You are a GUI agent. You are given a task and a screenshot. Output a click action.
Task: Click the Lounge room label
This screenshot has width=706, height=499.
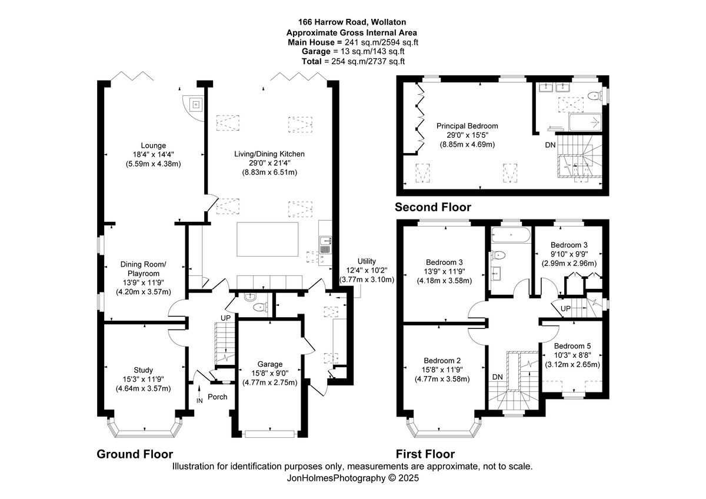tap(153, 145)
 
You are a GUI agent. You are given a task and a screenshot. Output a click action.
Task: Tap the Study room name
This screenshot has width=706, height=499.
tap(143, 370)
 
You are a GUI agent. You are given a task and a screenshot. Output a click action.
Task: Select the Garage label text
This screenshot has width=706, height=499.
tap(270, 364)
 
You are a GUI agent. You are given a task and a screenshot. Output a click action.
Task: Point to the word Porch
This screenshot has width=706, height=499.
tap(217, 397)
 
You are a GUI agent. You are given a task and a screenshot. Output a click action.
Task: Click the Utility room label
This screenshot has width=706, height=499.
tap(367, 261)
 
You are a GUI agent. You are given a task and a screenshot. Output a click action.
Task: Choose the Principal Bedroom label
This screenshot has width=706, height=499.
tap(467, 126)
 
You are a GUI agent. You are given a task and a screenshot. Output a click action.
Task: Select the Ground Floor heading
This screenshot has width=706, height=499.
tap(135, 454)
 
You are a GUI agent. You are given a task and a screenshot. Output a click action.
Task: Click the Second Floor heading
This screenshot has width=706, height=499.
tap(432, 207)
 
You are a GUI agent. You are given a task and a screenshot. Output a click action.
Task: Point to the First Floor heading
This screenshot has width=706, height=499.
tap(425, 454)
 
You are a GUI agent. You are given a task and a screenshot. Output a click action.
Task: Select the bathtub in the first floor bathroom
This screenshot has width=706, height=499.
tap(510, 234)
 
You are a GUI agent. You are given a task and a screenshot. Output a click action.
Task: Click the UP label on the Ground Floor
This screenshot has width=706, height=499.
tap(225, 318)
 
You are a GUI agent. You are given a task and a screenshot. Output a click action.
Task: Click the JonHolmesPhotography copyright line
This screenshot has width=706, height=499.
tap(352, 478)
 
